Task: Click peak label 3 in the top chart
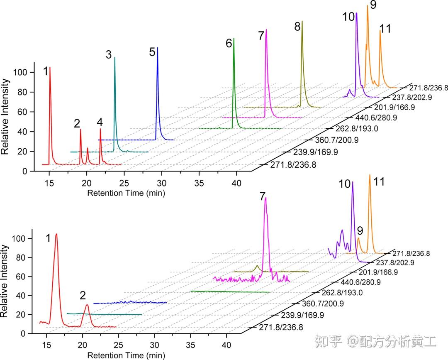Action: point(109,54)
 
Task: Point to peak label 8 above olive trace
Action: point(297,27)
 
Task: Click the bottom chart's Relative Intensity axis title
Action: point(5,281)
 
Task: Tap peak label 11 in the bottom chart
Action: point(379,181)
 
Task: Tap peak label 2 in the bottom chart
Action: point(83,296)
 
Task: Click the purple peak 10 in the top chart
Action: point(356,50)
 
